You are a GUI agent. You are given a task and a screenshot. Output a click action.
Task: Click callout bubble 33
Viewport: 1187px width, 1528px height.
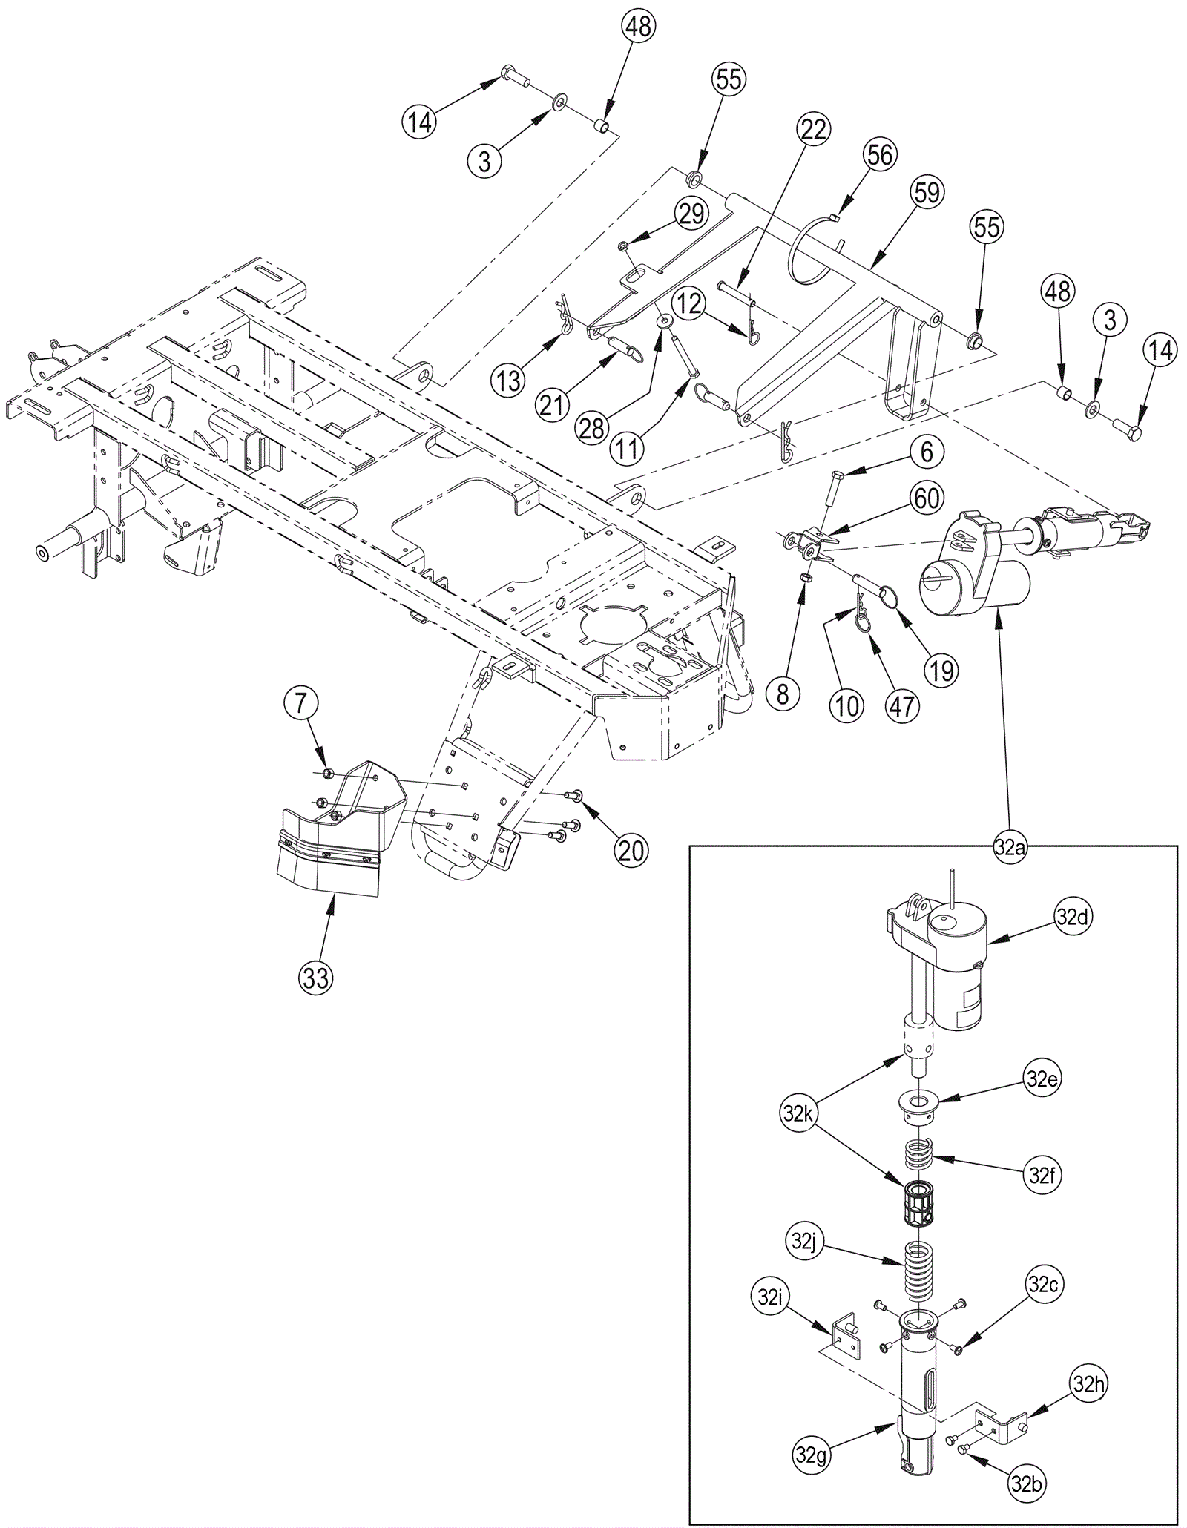pyautogui.click(x=316, y=978)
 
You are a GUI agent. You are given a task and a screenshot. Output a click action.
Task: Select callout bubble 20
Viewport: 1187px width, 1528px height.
pyautogui.click(x=631, y=850)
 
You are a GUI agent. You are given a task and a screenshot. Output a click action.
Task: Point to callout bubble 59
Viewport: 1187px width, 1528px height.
pyautogui.click(x=927, y=193)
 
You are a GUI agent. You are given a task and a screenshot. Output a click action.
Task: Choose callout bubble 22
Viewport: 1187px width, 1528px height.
pyautogui.click(x=814, y=130)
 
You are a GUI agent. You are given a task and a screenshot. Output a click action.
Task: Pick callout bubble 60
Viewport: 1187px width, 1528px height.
pyautogui.click(x=927, y=498)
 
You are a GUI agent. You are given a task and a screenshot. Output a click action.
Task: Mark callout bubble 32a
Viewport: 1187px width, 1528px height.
pyautogui.click(x=1010, y=848)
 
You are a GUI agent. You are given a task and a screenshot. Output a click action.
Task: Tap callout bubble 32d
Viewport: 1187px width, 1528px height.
pyautogui.click(x=1072, y=918)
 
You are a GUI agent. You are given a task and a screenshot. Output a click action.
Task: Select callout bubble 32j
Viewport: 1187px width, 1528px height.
pyautogui.click(x=803, y=1242)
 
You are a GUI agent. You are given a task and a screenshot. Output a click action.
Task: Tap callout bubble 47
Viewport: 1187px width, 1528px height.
pyautogui.click(x=902, y=706)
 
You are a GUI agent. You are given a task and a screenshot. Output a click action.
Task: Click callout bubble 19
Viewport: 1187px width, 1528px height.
pyautogui.click(x=941, y=670)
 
